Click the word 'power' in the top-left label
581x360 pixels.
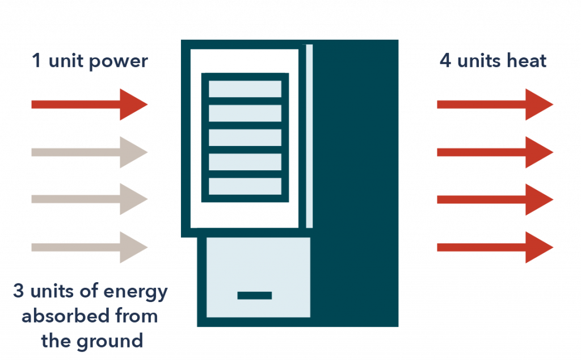point(120,61)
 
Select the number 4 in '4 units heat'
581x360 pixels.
point(445,61)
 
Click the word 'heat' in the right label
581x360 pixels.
point(527,61)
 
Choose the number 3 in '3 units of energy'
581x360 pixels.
point(19,292)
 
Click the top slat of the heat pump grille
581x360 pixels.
point(245,89)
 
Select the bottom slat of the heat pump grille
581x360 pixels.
point(245,186)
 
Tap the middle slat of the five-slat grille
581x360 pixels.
point(245,137)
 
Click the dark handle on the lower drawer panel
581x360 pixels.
point(254,295)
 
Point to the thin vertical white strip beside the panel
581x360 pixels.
point(309,136)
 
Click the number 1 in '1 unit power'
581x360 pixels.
point(36,61)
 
